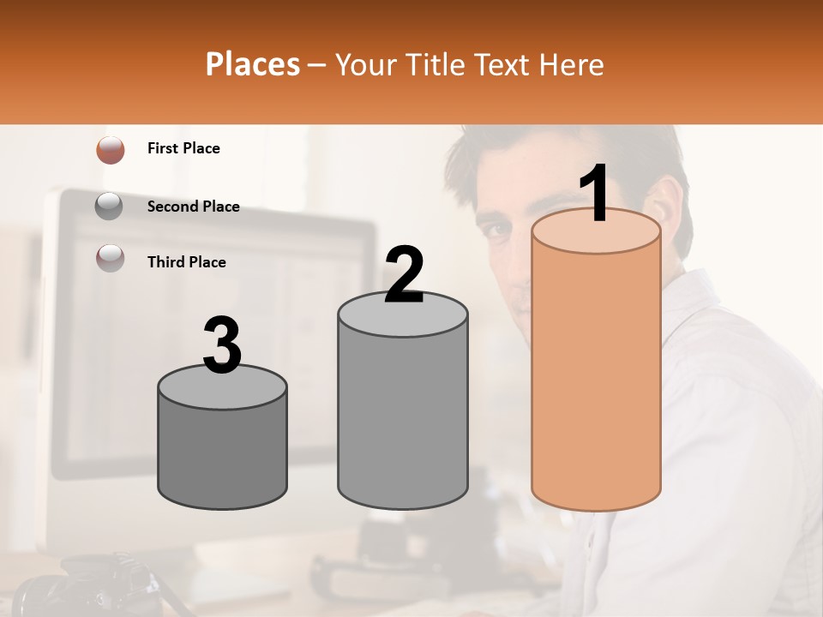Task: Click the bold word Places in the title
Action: click(253, 64)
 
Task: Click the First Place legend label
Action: click(183, 148)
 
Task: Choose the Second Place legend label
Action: click(193, 207)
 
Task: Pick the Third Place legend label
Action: click(186, 262)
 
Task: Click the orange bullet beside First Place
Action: click(111, 150)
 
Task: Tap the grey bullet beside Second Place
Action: click(110, 207)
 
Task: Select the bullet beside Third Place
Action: click(110, 259)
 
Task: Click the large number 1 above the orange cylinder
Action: click(596, 194)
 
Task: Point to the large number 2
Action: click(404, 275)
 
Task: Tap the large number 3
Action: click(223, 345)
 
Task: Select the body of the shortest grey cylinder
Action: click(223, 454)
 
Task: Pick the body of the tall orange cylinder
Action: click(596, 377)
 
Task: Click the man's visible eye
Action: click(496, 230)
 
